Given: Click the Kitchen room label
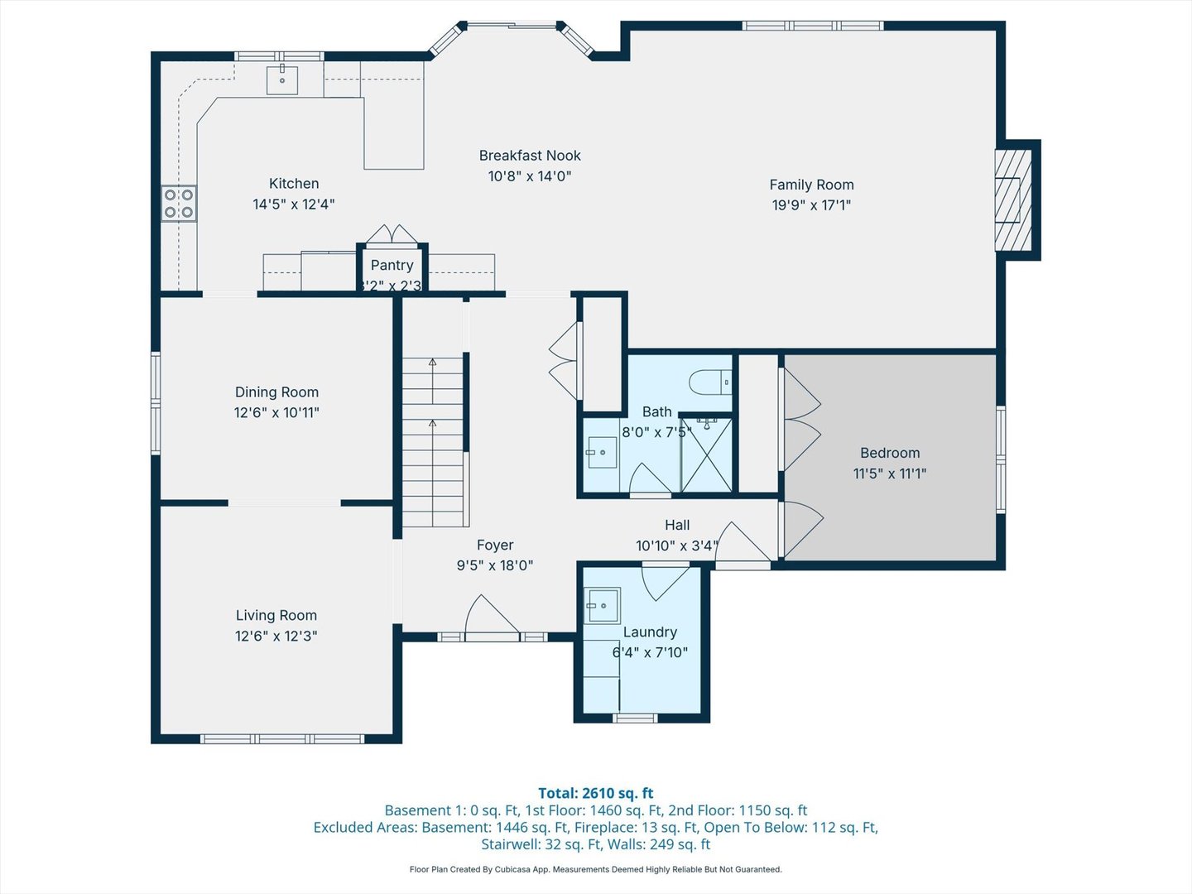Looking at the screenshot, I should pos(294,184).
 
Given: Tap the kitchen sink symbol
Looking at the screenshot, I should pos(282,80).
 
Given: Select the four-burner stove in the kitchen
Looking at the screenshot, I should pos(179,204).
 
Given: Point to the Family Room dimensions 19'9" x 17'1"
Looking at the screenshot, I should pos(811,205).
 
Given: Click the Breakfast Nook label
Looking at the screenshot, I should pos(530,156).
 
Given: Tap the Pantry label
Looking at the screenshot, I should pos(392,265).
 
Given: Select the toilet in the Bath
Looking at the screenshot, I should pos(710,382).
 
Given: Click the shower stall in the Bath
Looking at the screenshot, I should pos(707,455).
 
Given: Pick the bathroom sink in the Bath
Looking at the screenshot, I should pos(600,453).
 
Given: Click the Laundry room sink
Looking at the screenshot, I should pos(603,605).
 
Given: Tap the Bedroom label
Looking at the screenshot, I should pos(890,453).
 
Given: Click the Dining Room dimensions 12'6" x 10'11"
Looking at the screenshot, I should pos(276,412).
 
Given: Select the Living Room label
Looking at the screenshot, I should pos(276,615).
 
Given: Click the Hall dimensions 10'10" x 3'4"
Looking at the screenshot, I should pos(677,546).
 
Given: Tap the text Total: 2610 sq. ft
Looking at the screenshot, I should pos(595,793).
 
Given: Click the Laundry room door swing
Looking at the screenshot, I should pos(665,582).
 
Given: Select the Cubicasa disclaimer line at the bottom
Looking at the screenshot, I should pos(595,869).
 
